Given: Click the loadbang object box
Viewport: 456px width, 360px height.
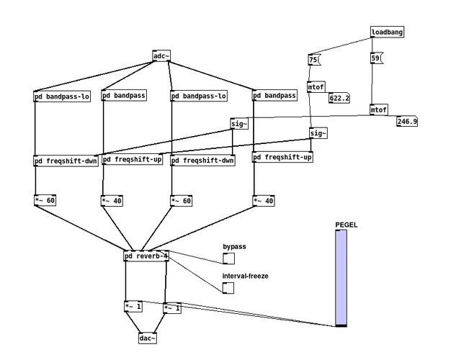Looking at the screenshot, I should click(x=388, y=32).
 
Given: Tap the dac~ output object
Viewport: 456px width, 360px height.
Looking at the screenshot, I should click(x=148, y=338).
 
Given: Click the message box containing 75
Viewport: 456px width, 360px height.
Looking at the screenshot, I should click(x=313, y=60).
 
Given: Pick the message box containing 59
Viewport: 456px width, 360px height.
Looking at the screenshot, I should click(x=375, y=58).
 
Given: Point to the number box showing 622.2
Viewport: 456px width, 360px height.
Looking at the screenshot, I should click(x=339, y=97).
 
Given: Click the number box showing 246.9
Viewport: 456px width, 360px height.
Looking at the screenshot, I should click(x=406, y=122).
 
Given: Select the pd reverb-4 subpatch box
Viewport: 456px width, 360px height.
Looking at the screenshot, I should click(x=146, y=256).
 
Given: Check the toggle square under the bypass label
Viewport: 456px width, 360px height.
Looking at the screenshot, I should click(x=228, y=259).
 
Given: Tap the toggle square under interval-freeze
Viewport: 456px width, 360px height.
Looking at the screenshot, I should click(x=228, y=288).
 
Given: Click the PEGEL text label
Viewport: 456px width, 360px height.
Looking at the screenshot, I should click(x=346, y=225).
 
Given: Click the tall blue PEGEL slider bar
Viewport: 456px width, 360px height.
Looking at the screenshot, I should click(x=341, y=277).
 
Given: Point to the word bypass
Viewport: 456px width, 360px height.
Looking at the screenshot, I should click(x=234, y=247).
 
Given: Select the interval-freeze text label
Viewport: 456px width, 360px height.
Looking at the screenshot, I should click(x=246, y=276).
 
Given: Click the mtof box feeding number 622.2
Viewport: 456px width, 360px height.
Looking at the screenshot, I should click(x=316, y=87).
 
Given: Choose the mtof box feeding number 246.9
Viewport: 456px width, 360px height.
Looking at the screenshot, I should click(x=378, y=110).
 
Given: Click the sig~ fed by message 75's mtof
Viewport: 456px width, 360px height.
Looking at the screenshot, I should click(x=318, y=133).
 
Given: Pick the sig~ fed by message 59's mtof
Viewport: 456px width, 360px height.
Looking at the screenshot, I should click(x=239, y=124).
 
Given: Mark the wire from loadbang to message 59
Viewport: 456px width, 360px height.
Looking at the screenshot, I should click(x=373, y=45).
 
